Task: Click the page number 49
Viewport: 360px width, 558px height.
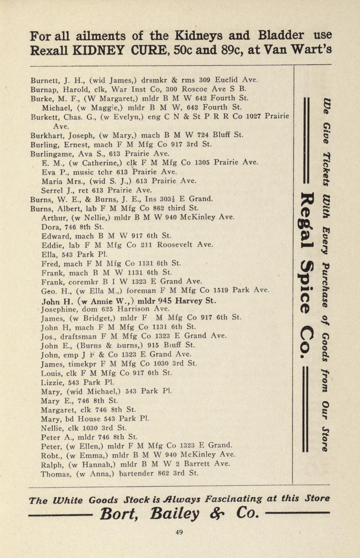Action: [x=179, y=533]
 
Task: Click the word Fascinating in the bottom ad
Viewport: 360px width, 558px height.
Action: [x=234, y=499]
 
